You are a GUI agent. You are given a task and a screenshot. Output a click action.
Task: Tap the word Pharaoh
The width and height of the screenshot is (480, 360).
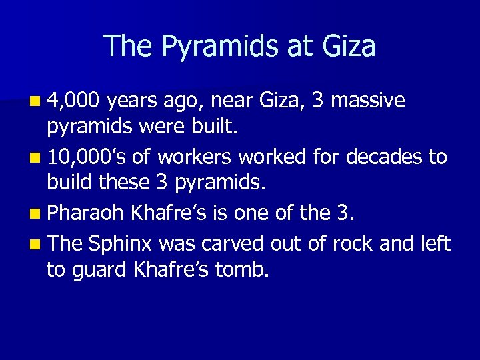(86, 213)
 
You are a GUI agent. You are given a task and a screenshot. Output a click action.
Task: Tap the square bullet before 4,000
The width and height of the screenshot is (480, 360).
(34, 102)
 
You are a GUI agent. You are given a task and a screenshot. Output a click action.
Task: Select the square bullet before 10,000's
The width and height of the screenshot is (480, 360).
(34, 158)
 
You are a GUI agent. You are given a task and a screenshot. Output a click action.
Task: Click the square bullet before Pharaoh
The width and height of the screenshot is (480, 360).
(34, 214)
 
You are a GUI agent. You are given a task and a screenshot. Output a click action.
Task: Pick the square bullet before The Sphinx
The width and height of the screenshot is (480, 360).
(34, 243)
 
